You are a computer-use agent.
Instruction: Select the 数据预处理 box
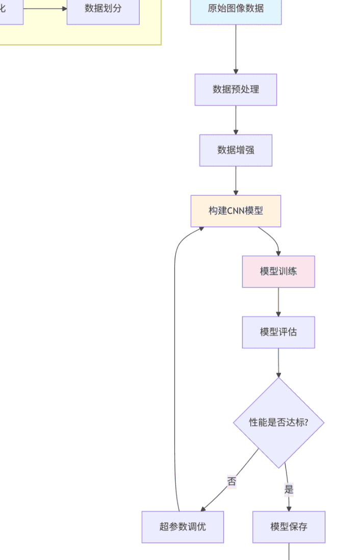click(236, 90)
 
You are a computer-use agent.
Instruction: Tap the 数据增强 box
click(236, 150)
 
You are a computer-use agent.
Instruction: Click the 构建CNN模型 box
click(236, 211)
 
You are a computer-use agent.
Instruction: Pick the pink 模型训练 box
click(278, 271)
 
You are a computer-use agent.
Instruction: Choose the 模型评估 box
click(278, 332)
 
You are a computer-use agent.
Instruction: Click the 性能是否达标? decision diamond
click(278, 422)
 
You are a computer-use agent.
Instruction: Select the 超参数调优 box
click(183, 527)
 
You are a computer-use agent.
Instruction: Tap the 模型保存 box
click(289, 527)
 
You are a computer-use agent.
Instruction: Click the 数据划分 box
click(103, 9)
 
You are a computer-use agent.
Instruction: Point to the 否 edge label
click(232, 481)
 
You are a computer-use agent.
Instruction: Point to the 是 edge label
click(289, 490)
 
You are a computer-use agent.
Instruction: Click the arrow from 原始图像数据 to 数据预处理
click(236, 49)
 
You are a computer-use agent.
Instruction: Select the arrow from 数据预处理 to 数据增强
click(236, 120)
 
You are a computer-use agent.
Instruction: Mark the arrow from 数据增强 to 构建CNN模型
click(236, 181)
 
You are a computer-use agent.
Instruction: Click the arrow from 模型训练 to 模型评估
click(278, 302)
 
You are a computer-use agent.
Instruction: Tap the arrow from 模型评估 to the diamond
click(278, 363)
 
